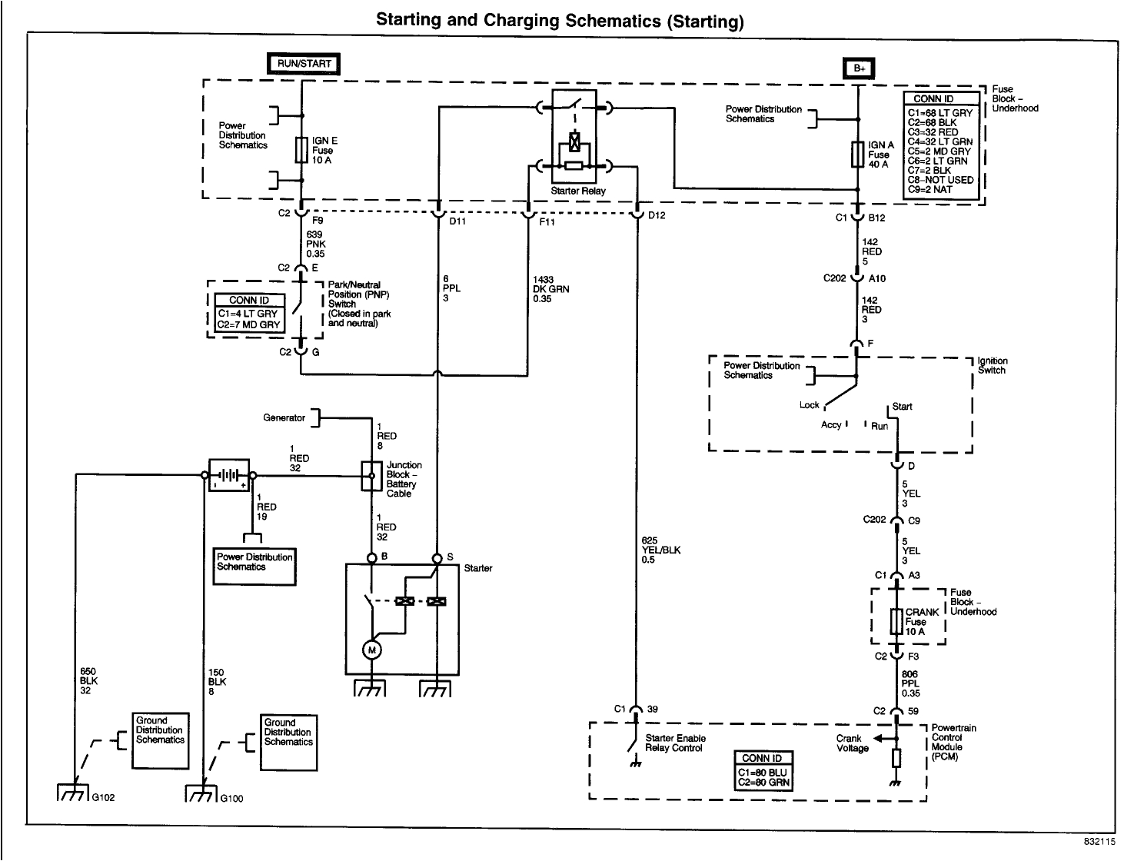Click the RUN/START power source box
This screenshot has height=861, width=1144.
pyautogui.click(x=303, y=64)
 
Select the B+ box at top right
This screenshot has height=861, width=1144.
pyautogui.click(x=859, y=68)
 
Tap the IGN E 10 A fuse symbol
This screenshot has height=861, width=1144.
pyautogui.click(x=302, y=150)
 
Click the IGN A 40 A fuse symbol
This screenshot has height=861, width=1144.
pyautogui.click(x=859, y=154)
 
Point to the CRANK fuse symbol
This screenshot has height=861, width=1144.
pyautogui.click(x=896, y=621)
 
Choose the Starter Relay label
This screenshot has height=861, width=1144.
pyautogui.click(x=577, y=191)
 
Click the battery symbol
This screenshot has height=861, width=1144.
pyautogui.click(x=228, y=476)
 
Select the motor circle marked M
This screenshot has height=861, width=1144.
pyautogui.click(x=372, y=650)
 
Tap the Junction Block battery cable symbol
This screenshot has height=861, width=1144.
pyautogui.click(x=371, y=476)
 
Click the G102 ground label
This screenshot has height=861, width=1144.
pyautogui.click(x=103, y=798)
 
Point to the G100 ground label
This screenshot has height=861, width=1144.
pyautogui.click(x=231, y=798)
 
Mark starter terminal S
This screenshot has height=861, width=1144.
pyautogui.click(x=437, y=558)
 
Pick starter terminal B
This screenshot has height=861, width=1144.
pyautogui.click(x=372, y=558)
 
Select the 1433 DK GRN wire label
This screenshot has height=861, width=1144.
pyautogui.click(x=550, y=289)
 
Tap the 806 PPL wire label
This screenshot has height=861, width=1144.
pyautogui.click(x=910, y=683)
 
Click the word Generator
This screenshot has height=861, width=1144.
pyautogui.click(x=284, y=418)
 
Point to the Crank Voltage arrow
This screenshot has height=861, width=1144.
pyautogui.click(x=884, y=739)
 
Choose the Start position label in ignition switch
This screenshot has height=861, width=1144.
pyautogui.click(x=903, y=407)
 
